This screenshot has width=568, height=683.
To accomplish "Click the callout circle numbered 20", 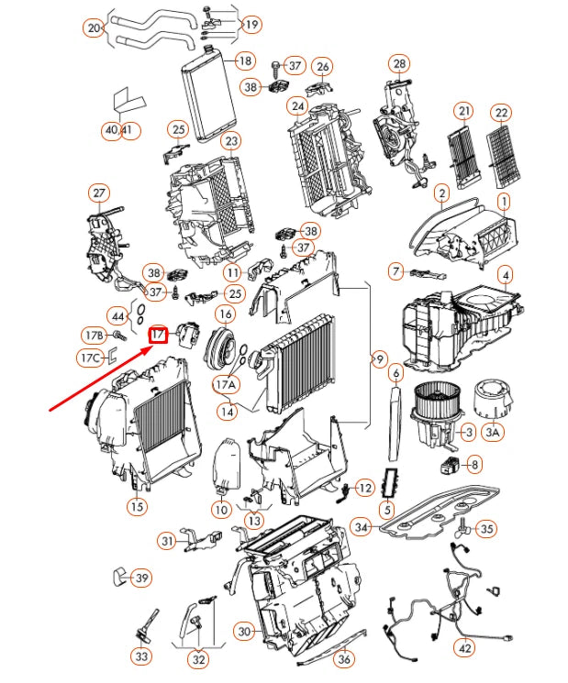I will pyautogui.click(x=94, y=28).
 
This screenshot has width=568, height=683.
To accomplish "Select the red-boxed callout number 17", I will pyautogui.click(x=158, y=335).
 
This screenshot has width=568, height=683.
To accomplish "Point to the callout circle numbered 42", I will pyautogui.click(x=466, y=646).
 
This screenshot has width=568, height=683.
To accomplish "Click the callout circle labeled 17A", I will pyautogui.click(x=226, y=385).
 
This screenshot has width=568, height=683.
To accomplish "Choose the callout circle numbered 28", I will pyautogui.click(x=398, y=63).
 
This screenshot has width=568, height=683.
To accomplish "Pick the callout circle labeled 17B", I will pyautogui.click(x=93, y=335).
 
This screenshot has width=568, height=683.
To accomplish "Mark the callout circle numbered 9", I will pyautogui.click(x=379, y=359).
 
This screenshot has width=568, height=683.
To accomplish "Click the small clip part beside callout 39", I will pyautogui.click(x=118, y=576).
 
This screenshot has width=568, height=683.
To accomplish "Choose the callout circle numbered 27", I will pyautogui.click(x=98, y=193).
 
